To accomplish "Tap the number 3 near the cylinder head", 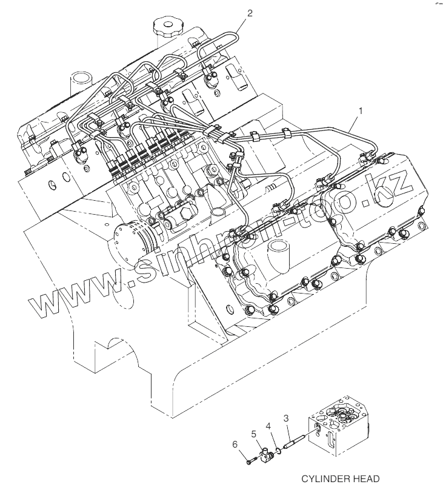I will click(x=287, y=418).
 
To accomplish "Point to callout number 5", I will click(x=254, y=435).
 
